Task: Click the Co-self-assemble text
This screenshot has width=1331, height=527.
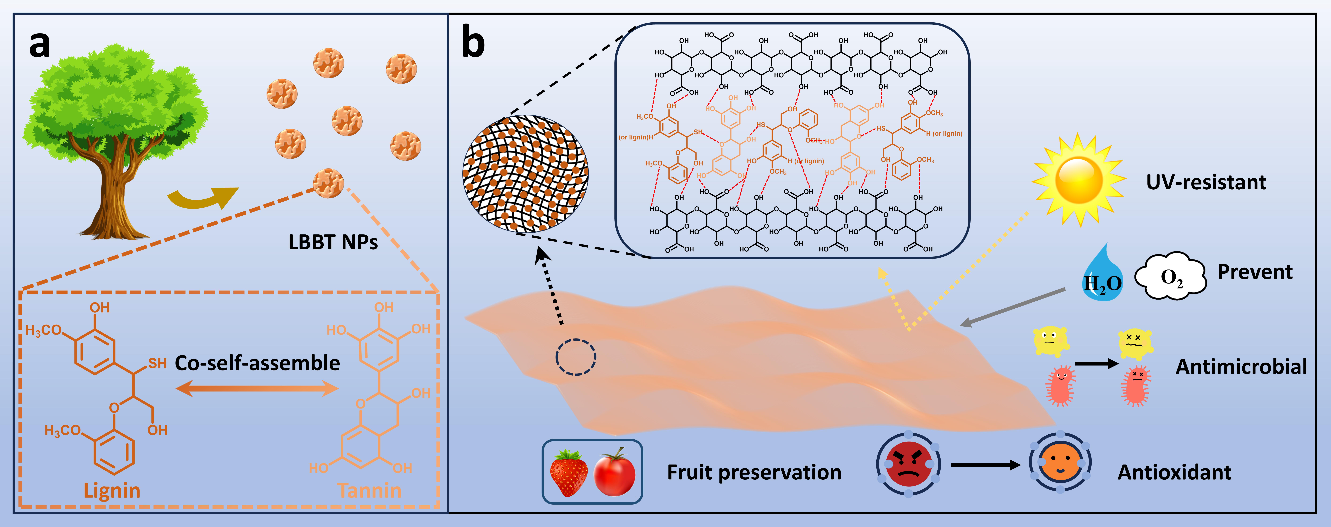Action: [x=257, y=363]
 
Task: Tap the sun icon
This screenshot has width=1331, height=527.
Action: [x=1079, y=180]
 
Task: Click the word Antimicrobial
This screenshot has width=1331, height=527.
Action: [x=1241, y=367]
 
